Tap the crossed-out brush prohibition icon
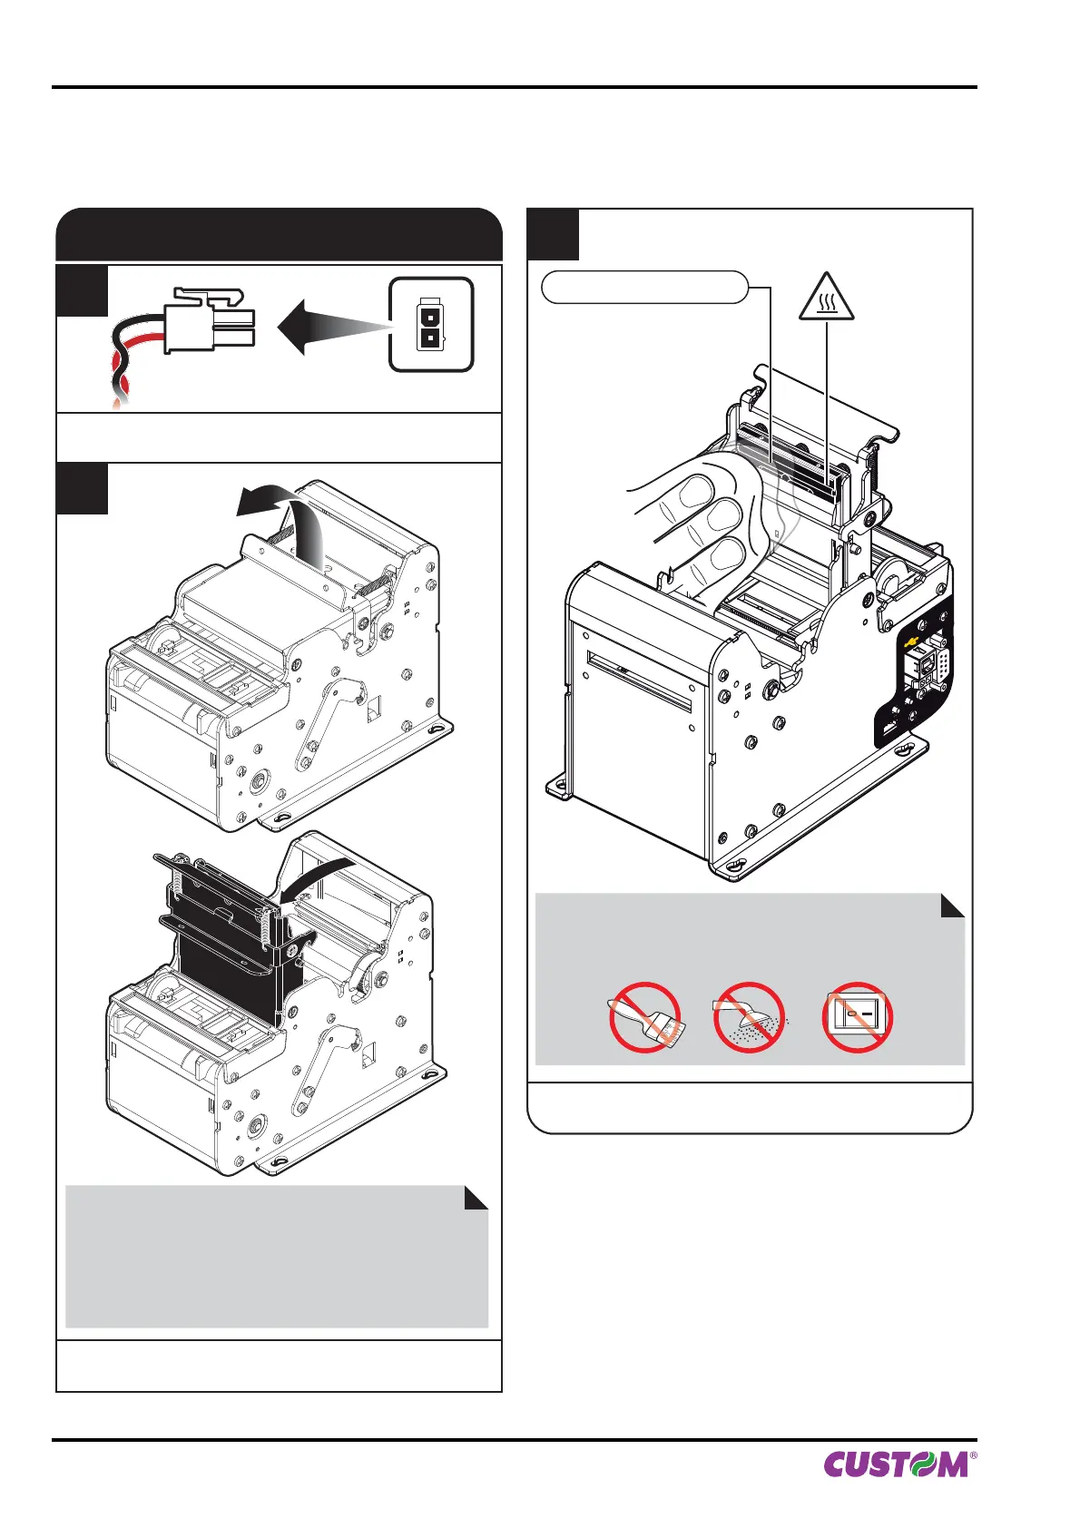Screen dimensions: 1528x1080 pyautogui.click(x=645, y=1017)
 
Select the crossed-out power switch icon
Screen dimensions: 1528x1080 pyautogui.click(x=857, y=1017)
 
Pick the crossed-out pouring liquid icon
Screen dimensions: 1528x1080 pyautogui.click(x=749, y=1017)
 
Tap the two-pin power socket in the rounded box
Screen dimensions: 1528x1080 pyautogui.click(x=431, y=325)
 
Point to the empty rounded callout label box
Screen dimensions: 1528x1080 pyautogui.click(x=644, y=288)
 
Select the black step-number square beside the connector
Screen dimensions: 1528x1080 pyautogui.click(x=82, y=290)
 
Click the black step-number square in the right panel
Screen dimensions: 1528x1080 pyautogui.click(x=553, y=234)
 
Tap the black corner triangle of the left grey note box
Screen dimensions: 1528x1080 pyautogui.click(x=477, y=1199)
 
